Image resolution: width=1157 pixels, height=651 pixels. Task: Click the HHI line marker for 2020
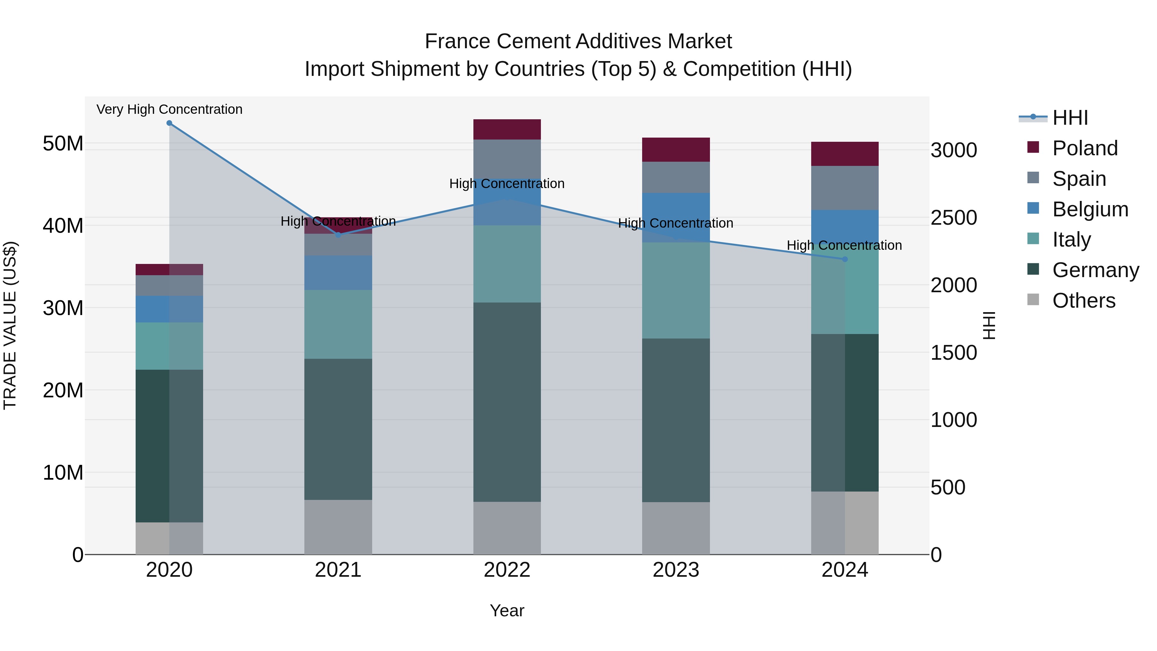[x=169, y=123]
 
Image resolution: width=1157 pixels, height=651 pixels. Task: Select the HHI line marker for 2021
[x=338, y=235]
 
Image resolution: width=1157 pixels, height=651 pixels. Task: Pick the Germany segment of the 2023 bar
[x=676, y=420]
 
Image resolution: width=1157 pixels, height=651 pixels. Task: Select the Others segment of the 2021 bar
[x=338, y=527]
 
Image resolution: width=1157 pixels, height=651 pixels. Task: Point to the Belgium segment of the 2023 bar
[x=676, y=217]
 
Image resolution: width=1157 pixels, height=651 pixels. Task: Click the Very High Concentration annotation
[x=169, y=109]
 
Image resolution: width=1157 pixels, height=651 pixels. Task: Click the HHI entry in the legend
[x=1070, y=118]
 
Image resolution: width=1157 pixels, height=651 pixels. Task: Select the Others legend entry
[x=1083, y=301]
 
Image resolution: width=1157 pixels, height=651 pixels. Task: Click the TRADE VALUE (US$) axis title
[x=10, y=325]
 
